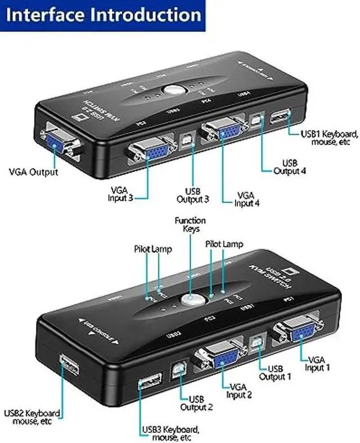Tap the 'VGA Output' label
(33, 172)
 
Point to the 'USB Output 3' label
(193, 195)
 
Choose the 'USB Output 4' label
(290, 167)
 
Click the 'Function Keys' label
(190, 225)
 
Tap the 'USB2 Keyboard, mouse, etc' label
(32, 417)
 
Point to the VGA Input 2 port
(219, 358)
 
